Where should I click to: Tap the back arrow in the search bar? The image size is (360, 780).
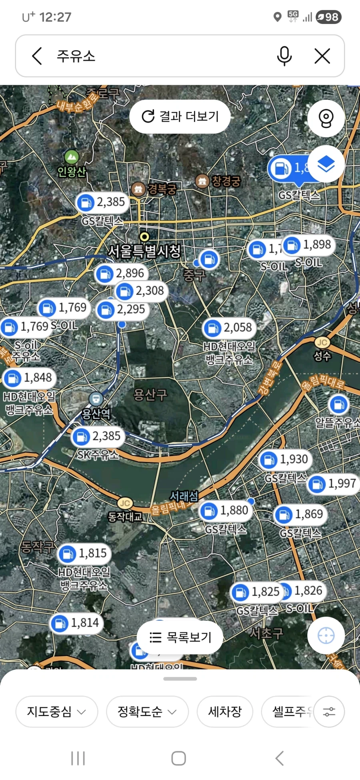pyautogui.click(x=37, y=56)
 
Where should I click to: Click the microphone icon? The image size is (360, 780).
pyautogui.click(x=284, y=56)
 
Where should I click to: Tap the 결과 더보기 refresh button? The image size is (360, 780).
pyautogui.click(x=180, y=116)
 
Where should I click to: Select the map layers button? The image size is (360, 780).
pyautogui.click(x=326, y=164)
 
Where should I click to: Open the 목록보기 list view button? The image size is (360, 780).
pyautogui.click(x=180, y=637)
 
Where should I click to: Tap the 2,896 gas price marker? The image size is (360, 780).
pyautogui.click(x=122, y=274)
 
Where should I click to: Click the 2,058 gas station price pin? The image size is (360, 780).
pyautogui.click(x=229, y=328)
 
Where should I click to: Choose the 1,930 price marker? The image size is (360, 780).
pyautogui.click(x=285, y=460)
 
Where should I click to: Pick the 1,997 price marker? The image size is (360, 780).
pyautogui.click(x=334, y=484)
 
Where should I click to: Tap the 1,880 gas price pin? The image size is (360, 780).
pyautogui.click(x=226, y=511)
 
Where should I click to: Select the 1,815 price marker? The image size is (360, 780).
pyautogui.click(x=84, y=554)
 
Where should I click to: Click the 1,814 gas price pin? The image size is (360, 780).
pyautogui.click(x=76, y=623)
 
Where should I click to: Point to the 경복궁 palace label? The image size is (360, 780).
pyautogui.click(x=162, y=189)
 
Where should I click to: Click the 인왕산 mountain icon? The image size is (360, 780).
pyautogui.click(x=71, y=157)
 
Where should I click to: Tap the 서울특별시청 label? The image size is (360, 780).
pyautogui.click(x=144, y=251)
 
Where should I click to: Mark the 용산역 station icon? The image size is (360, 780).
pyautogui.click(x=96, y=398)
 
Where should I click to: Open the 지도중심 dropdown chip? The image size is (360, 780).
pyautogui.click(x=56, y=712)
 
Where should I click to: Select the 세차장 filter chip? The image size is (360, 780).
pyautogui.click(x=225, y=712)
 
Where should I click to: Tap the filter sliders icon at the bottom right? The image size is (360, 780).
pyautogui.click(x=329, y=712)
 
